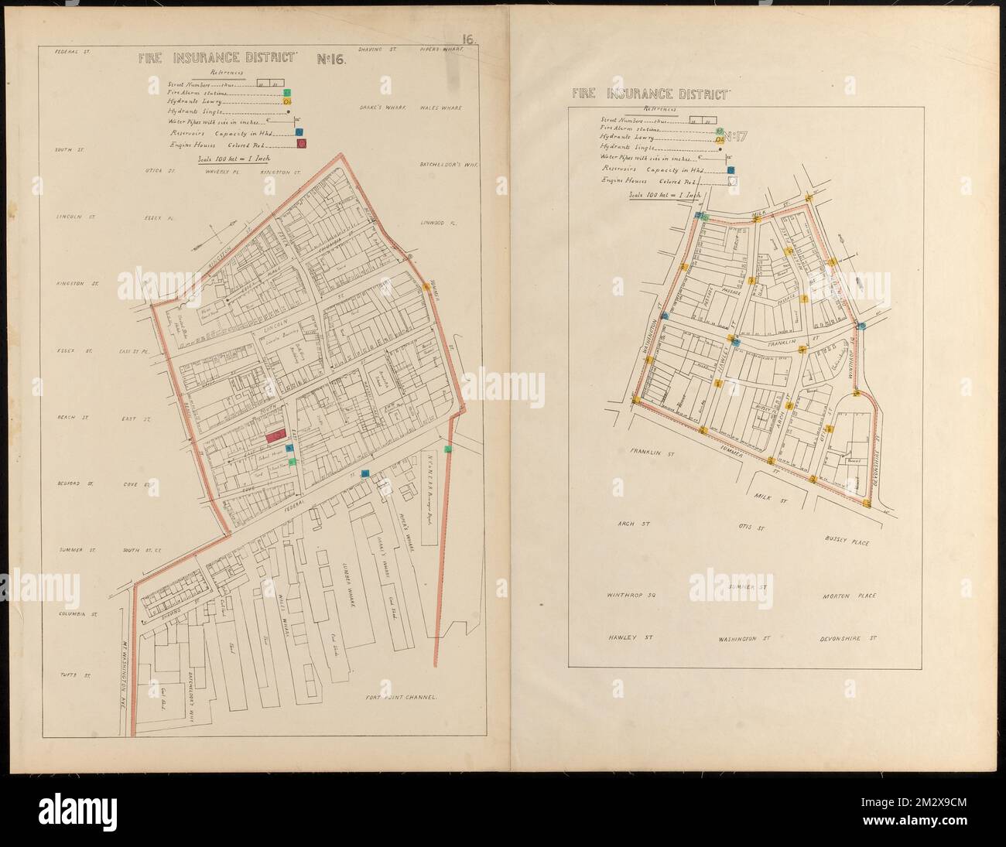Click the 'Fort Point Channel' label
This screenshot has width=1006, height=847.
[x=402, y=697]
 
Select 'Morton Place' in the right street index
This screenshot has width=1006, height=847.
[x=849, y=596]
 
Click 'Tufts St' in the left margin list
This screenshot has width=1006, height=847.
[x=75, y=676]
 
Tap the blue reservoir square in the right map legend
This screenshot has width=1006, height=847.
[x=730, y=169]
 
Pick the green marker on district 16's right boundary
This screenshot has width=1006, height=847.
[x=447, y=449]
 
